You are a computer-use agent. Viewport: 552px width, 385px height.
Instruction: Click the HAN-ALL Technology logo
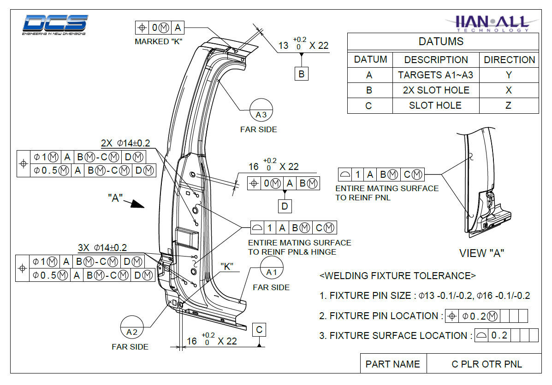point(491,23)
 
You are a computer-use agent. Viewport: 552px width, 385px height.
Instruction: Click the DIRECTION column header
point(509,60)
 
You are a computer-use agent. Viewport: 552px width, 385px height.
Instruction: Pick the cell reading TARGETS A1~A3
point(435,75)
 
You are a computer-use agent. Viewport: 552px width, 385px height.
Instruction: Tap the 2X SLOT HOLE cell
point(435,90)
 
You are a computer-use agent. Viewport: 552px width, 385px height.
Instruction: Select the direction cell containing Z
point(509,105)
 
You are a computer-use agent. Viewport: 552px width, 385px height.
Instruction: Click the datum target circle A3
point(261,111)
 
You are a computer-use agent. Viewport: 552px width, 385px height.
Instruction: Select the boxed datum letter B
point(301,74)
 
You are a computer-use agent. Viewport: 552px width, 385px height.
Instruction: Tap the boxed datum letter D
point(285,206)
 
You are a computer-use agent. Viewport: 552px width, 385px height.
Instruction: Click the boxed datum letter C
point(259,330)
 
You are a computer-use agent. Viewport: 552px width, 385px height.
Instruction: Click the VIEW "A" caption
point(481,253)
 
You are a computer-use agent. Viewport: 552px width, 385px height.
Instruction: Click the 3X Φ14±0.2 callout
point(102,248)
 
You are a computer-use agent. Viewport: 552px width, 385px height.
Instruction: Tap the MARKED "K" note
point(159,41)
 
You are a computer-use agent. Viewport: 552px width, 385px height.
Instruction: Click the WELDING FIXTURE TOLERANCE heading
point(398,276)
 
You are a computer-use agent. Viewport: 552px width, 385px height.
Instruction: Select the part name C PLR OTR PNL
point(487,364)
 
